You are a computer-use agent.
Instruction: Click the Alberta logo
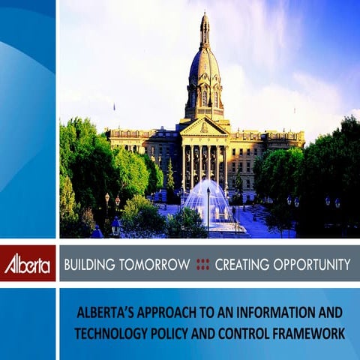(x=28, y=265)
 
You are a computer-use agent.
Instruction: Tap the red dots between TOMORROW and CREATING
(x=202, y=264)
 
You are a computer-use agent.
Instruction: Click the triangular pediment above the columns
(x=204, y=127)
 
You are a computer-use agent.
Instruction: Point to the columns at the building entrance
(x=204, y=161)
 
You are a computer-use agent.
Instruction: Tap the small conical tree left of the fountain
(x=170, y=176)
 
